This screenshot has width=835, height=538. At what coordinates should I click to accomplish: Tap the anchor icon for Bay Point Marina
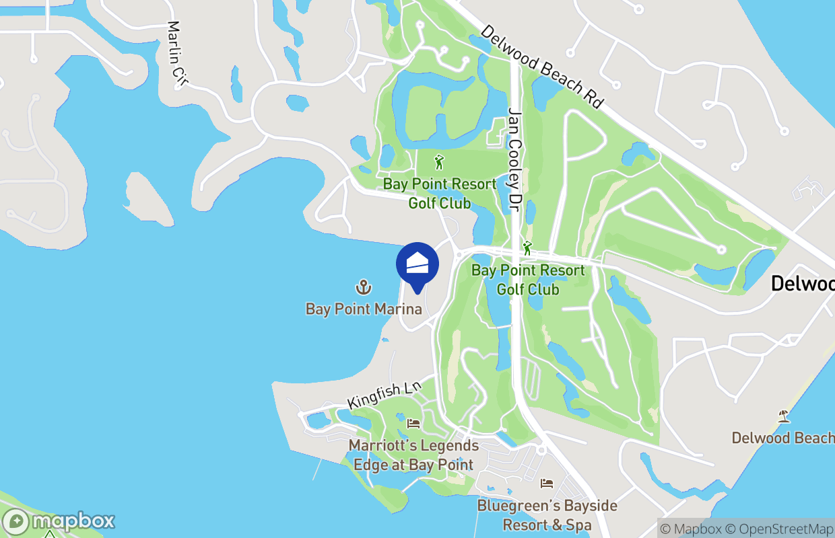pos(364,288)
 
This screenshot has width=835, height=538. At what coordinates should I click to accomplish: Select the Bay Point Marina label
pos(364,309)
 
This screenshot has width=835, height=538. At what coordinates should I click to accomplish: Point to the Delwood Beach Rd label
pos(542,67)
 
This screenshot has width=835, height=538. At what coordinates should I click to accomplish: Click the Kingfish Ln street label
pos(384,395)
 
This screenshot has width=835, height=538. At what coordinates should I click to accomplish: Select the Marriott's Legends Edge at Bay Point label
pos(413,455)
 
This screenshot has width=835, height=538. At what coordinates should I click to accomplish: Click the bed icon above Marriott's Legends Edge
pos(413,424)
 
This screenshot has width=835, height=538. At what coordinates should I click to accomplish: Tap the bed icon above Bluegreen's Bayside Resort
pos(547,483)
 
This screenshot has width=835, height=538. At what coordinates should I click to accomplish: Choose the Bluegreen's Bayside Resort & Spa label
pos(547,514)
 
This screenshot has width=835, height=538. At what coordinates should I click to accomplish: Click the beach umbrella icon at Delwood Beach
pos(783,416)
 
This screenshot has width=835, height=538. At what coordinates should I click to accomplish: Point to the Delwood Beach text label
pos(782,438)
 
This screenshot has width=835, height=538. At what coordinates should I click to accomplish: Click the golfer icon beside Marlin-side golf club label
pos(440,162)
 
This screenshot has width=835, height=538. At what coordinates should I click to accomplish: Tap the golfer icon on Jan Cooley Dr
pos(527,248)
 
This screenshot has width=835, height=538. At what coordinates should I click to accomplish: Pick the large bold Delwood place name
pos(802,283)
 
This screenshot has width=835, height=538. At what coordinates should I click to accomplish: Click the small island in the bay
pos(149,200)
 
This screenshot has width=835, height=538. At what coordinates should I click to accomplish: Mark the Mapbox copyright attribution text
pos(691,529)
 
